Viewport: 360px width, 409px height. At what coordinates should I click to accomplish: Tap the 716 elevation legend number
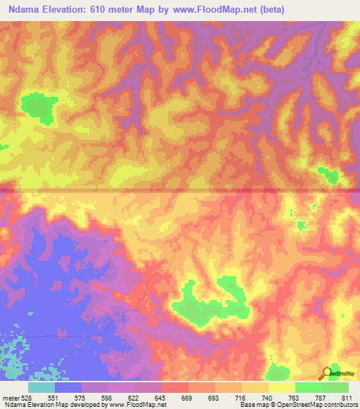pos(240,396)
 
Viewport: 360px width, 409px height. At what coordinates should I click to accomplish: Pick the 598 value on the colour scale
pos(107,396)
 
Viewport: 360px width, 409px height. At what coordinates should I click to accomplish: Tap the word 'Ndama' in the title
pos(25,8)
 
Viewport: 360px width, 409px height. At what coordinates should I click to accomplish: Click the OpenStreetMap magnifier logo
pos(327,374)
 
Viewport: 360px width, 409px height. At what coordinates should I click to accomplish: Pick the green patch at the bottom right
pos(278,372)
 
